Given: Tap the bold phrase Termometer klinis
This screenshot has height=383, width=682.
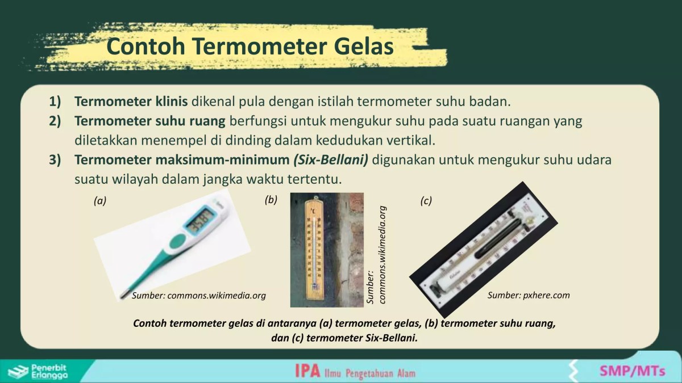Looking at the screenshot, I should click(131, 103).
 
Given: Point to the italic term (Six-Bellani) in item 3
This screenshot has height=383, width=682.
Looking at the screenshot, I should click(331, 159).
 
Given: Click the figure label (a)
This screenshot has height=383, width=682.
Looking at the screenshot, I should click(100, 200).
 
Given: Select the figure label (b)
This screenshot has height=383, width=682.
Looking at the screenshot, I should click(271, 200).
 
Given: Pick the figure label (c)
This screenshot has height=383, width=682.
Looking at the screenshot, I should click(426, 200).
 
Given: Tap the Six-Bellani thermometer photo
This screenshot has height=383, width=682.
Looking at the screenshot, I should click(483, 250).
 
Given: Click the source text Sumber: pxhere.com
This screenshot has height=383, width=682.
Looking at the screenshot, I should click(529, 295).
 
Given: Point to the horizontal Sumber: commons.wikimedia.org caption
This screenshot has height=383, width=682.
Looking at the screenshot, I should click(199, 296).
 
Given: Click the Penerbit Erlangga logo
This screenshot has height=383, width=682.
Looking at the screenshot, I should click(40, 371).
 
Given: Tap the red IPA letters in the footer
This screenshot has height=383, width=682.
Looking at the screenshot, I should click(307, 372).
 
